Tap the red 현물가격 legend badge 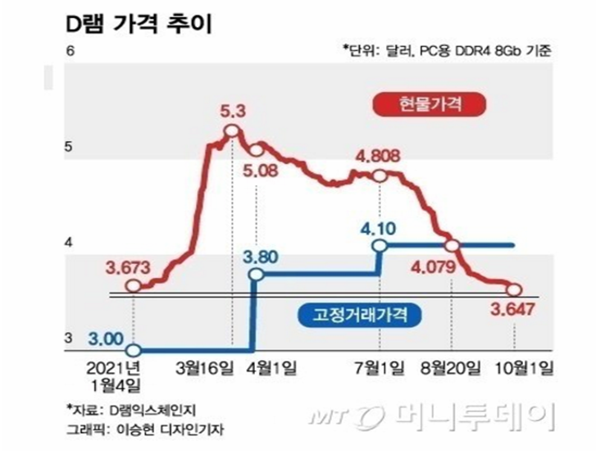430,105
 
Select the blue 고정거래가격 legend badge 358,312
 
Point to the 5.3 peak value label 232,109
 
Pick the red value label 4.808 379,155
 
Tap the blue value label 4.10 379,224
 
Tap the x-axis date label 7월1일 379,365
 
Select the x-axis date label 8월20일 452,365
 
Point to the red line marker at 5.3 231,130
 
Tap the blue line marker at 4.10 379,245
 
